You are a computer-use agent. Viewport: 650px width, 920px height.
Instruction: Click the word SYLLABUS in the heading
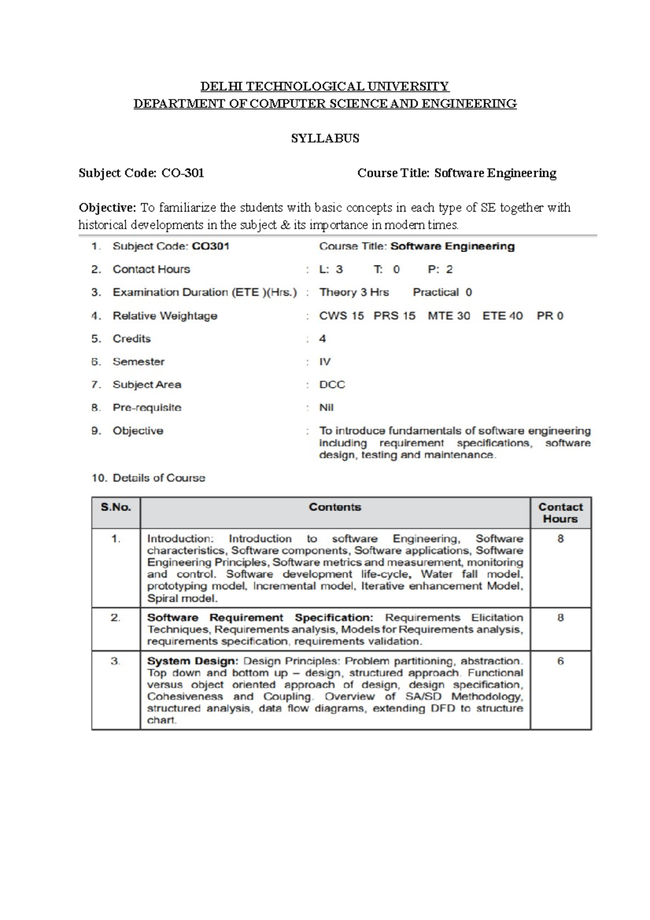tap(325, 139)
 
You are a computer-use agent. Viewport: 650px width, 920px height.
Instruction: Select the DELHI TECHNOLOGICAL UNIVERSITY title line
tap(325, 87)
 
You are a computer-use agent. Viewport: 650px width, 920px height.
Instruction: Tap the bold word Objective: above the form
tap(107, 208)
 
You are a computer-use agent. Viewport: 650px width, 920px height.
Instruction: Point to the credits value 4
tap(323, 339)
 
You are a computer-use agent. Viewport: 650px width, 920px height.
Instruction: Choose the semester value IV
tap(325, 362)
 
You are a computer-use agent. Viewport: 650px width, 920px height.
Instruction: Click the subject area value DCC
tap(332, 385)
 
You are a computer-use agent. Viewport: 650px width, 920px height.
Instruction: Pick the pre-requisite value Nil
tap(327, 407)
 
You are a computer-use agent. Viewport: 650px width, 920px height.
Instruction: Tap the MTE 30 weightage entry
tap(449, 316)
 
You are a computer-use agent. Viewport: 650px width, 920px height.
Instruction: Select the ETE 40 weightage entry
tap(503, 316)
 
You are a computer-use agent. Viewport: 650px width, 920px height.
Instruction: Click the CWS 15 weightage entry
tap(342, 316)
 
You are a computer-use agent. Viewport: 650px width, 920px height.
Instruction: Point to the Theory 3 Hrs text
tap(354, 293)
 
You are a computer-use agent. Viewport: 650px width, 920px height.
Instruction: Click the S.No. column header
tap(116, 508)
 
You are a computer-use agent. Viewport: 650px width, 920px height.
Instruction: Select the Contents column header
tap(335, 507)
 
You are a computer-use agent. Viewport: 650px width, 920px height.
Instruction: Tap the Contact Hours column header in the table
tap(561, 513)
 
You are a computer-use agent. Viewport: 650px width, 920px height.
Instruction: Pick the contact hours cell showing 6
tap(561, 662)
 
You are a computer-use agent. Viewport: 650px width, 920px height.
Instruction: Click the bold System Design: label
tap(192, 662)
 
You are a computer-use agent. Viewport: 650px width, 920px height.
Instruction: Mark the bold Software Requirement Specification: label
tap(260, 618)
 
